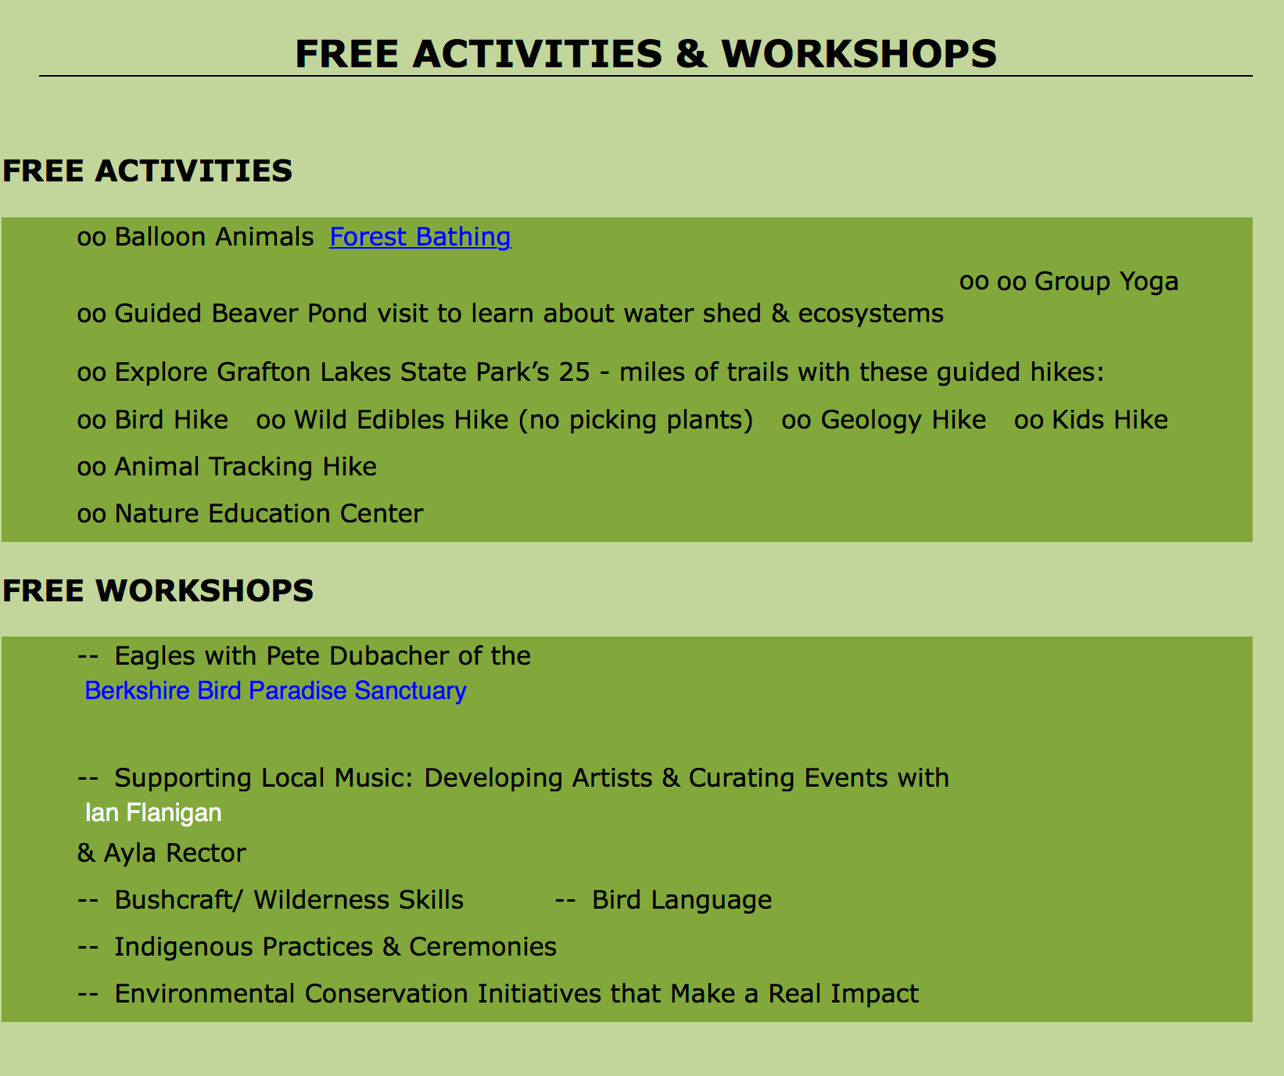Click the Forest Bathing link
click(x=420, y=237)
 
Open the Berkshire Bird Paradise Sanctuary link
click(x=275, y=690)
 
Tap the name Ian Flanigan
click(x=153, y=812)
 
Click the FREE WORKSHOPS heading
click(x=158, y=590)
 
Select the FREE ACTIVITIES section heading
click(x=148, y=170)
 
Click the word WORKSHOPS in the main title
click(x=859, y=54)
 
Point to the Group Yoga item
click(x=1106, y=282)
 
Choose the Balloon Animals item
click(x=213, y=237)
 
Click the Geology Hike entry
click(x=903, y=420)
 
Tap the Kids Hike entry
click(x=1110, y=420)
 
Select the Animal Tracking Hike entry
click(x=246, y=467)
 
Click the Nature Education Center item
click(x=269, y=514)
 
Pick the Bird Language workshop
click(x=682, y=900)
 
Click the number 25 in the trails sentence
click(x=574, y=372)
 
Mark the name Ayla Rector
click(x=174, y=853)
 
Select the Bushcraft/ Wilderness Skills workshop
click(x=289, y=900)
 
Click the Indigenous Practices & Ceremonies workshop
click(x=335, y=947)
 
